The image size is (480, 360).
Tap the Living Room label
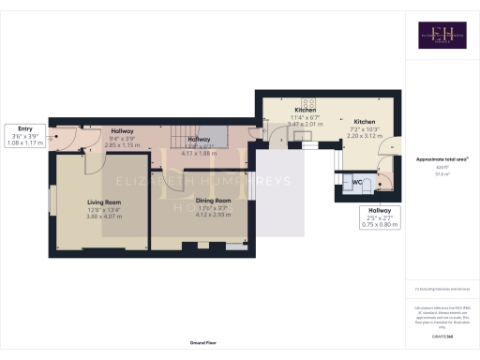[x=104, y=202]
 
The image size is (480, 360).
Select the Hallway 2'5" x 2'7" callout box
[x=380, y=217]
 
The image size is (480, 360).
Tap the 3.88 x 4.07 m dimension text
[x=104, y=217]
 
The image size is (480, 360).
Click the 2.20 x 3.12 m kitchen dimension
[x=365, y=136]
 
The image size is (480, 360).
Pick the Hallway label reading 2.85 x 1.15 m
[x=122, y=145]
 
